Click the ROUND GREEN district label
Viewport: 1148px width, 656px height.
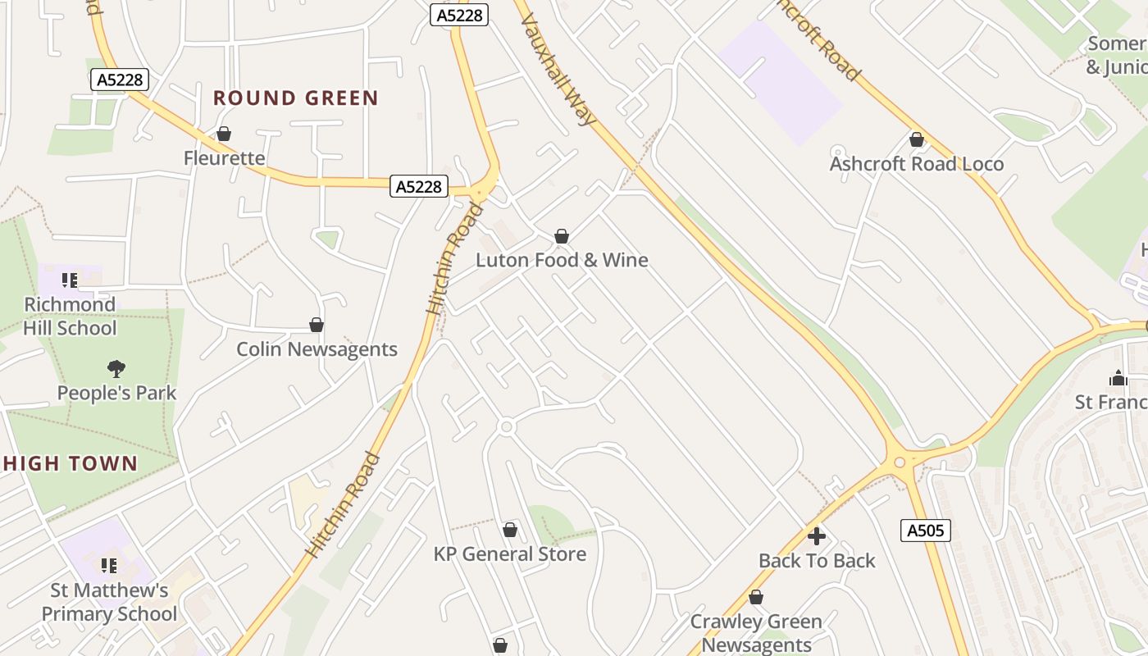pos(295,98)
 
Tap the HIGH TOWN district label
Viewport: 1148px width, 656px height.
pos(70,463)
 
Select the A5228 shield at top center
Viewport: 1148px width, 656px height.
pos(459,14)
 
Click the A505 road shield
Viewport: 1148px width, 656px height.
pos(927,531)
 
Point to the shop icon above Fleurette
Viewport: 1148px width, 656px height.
pos(224,134)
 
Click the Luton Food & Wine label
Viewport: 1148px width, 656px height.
pos(562,260)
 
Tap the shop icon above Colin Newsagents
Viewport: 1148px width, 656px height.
pos(317,326)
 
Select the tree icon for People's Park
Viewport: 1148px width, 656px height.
pos(116,369)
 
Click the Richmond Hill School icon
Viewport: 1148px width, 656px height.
pos(70,280)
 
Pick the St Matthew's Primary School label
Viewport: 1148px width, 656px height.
pos(109,602)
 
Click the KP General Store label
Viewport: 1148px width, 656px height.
pos(509,554)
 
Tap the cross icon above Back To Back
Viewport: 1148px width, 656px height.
pos(817,537)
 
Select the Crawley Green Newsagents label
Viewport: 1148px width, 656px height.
pos(756,633)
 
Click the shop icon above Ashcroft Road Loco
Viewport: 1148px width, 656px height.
pos(917,140)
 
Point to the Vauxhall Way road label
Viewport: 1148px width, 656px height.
pos(558,70)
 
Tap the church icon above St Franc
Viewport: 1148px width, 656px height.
pos(1118,379)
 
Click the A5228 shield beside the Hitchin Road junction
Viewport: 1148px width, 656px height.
pos(418,187)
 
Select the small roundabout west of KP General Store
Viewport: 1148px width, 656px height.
pos(506,427)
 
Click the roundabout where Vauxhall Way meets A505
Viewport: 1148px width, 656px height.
pos(900,462)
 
